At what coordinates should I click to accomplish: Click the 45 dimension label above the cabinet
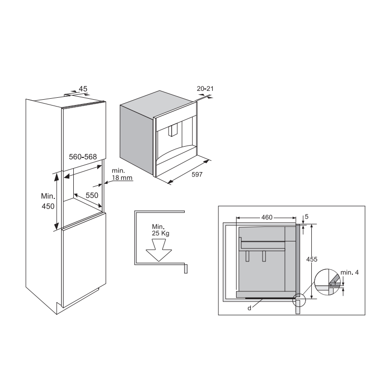click(83, 89)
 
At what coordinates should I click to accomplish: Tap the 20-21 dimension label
click(205, 88)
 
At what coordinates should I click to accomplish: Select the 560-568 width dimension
click(83, 156)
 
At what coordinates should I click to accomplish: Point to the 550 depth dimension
click(92, 195)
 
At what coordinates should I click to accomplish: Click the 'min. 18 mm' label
click(122, 174)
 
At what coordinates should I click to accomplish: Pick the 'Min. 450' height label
click(48, 201)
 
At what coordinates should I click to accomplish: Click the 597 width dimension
click(197, 174)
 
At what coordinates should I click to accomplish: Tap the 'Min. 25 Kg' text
click(161, 230)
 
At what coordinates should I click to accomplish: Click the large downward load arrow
click(159, 250)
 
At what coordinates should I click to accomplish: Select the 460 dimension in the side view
click(267, 217)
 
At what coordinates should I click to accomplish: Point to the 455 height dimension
click(312, 260)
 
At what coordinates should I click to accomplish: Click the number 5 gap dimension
click(306, 217)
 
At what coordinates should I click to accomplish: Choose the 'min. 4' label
click(349, 272)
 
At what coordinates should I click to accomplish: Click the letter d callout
click(249, 308)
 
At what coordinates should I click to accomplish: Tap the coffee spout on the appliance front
click(172, 131)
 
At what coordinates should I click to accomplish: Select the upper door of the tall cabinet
click(84, 136)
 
